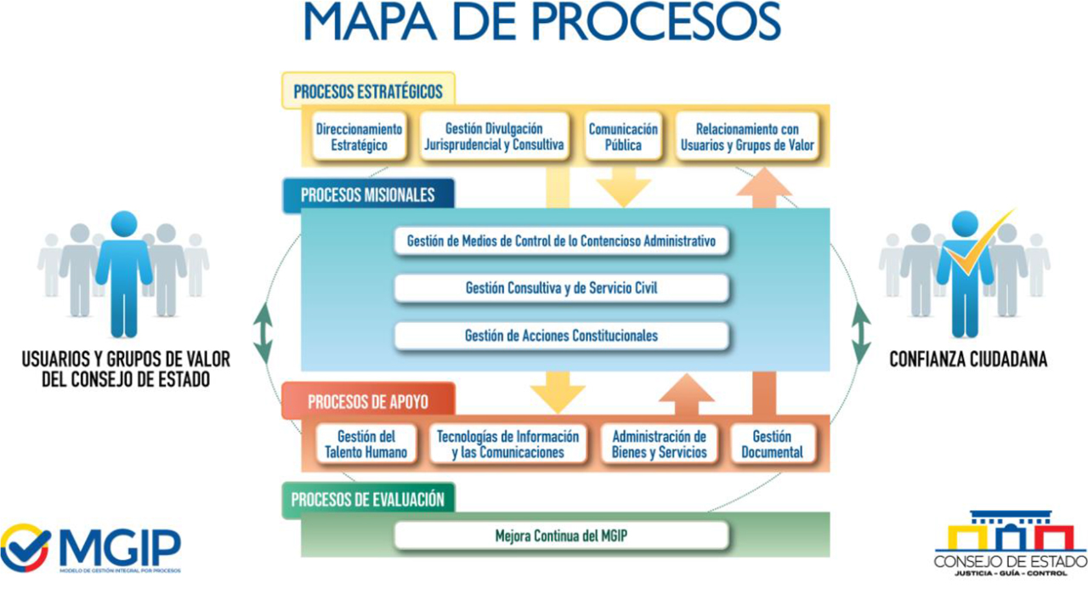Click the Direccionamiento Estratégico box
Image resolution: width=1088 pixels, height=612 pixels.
(x=359, y=137)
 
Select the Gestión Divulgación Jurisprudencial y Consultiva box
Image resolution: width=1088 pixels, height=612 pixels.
(x=494, y=137)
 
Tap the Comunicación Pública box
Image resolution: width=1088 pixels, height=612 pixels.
(x=623, y=137)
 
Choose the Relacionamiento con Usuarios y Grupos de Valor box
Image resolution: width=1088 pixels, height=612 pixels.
(x=747, y=137)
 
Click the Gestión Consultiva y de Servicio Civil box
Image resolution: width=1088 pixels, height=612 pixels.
(x=561, y=288)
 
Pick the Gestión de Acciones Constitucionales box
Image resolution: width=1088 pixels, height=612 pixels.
(x=561, y=336)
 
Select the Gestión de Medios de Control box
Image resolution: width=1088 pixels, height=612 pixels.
(x=561, y=241)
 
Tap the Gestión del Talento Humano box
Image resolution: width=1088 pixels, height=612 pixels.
(x=365, y=445)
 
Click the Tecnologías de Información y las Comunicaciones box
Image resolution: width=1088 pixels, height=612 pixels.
(x=507, y=445)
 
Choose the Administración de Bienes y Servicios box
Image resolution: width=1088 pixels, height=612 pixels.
(x=659, y=445)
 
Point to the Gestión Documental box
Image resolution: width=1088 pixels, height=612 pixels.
(x=772, y=445)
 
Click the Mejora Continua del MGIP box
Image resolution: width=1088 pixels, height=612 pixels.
(x=561, y=535)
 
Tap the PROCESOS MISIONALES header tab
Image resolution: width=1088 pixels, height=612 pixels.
(x=367, y=195)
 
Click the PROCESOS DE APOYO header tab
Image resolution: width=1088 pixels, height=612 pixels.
(x=368, y=401)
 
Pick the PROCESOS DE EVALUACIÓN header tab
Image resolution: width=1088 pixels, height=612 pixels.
(x=367, y=499)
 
